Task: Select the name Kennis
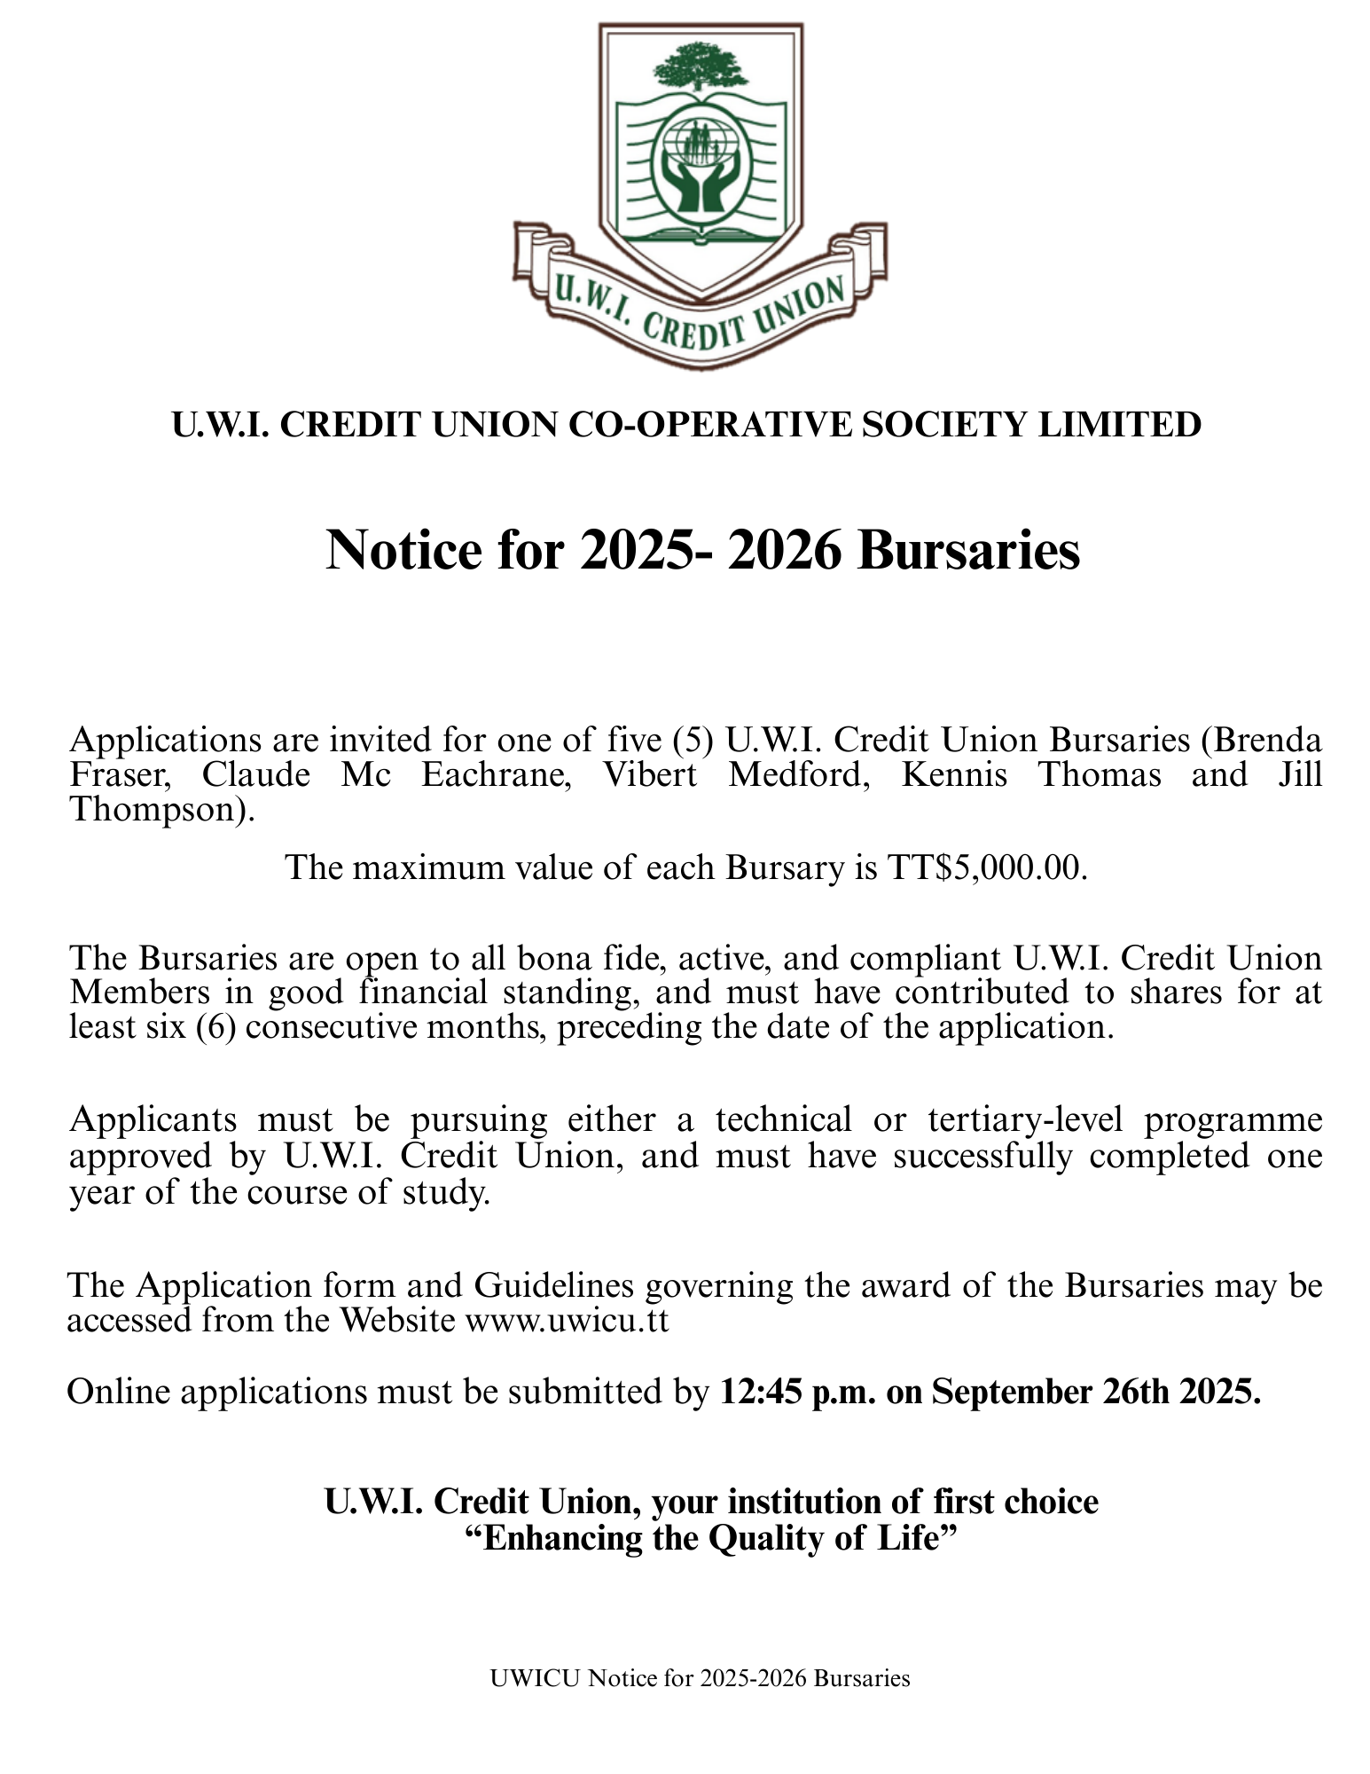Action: pos(954,775)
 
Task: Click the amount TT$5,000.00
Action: pos(987,867)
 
